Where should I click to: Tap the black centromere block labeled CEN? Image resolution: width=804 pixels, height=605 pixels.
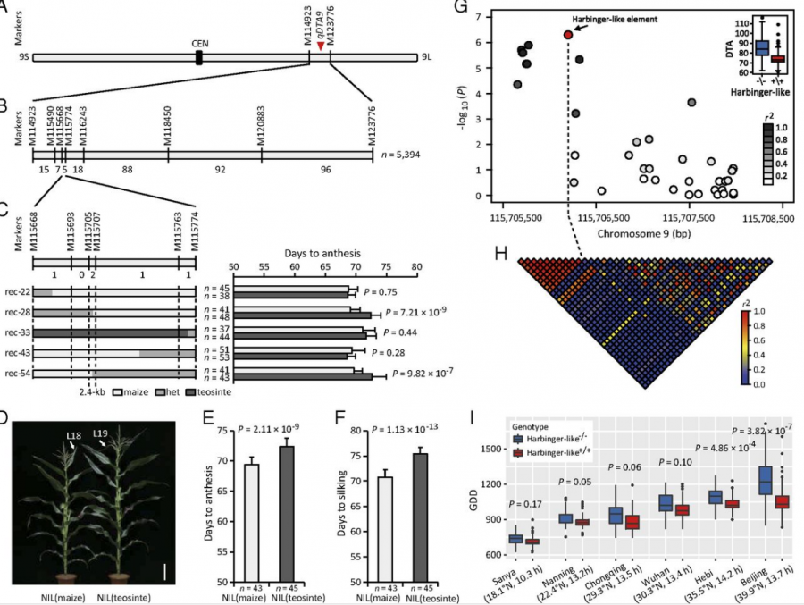pos(198,57)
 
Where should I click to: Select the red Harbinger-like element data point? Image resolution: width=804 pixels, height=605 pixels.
pos(568,35)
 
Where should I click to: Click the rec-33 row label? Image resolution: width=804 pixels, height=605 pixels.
pos(18,332)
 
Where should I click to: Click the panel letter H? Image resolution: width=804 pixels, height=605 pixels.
pos(502,253)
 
